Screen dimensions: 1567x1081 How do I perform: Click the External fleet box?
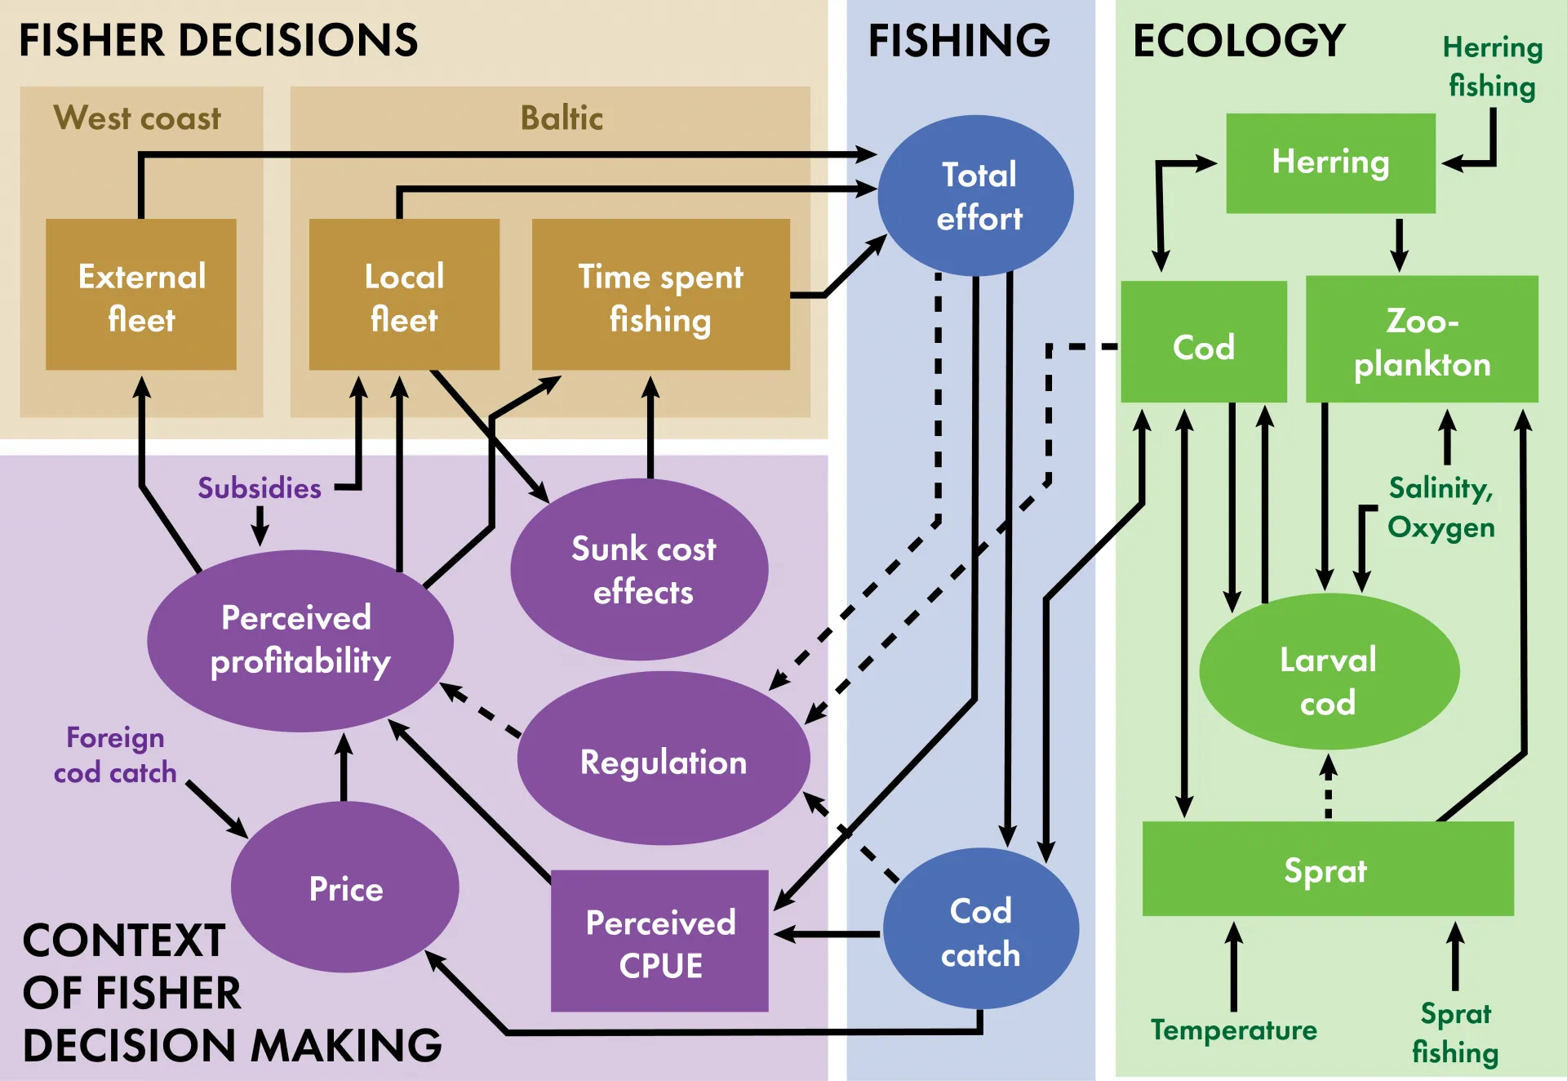pyautogui.click(x=141, y=294)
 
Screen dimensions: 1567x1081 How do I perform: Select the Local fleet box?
pyautogui.click(x=404, y=294)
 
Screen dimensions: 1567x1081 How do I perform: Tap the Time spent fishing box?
pyautogui.click(x=661, y=294)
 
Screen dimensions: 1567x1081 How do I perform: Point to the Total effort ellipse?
pyautogui.click(x=976, y=195)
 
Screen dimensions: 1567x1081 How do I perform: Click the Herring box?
pyautogui.click(x=1330, y=163)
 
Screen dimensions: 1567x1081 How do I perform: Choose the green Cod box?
pyautogui.click(x=1204, y=342)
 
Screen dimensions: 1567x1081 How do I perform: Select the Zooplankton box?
pyautogui.click(x=1422, y=339)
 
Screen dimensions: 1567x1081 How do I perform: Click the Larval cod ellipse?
pyautogui.click(x=1329, y=671)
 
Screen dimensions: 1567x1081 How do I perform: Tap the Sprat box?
pyautogui.click(x=1328, y=869)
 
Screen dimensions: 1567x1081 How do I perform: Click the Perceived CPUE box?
pyautogui.click(x=659, y=941)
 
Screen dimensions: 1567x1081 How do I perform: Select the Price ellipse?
pyautogui.click(x=345, y=887)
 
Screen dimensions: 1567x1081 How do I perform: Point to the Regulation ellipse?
pyautogui.click(x=664, y=758)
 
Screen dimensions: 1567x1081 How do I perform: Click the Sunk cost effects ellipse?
pyautogui.click(x=639, y=569)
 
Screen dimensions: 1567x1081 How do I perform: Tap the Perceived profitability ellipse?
pyautogui.click(x=300, y=641)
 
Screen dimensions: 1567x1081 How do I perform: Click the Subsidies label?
pyautogui.click(x=260, y=488)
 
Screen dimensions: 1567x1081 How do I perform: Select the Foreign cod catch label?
pyautogui.click(x=115, y=754)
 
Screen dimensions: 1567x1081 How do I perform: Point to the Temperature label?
pyautogui.click(x=1233, y=1030)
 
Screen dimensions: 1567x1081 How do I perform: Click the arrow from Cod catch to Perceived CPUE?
pyautogui.click(x=827, y=934)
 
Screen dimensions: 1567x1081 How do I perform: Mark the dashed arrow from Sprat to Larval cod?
pyautogui.click(x=1329, y=786)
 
